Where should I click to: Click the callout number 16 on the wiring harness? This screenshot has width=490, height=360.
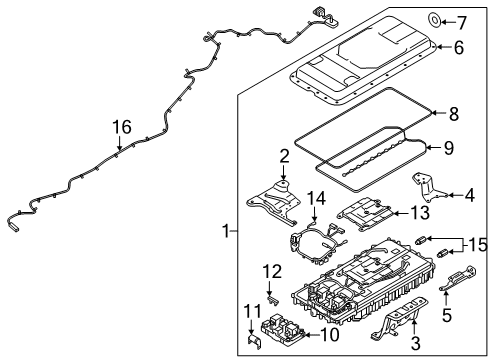(x=121, y=127)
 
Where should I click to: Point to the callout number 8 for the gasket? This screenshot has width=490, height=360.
(x=453, y=115)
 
